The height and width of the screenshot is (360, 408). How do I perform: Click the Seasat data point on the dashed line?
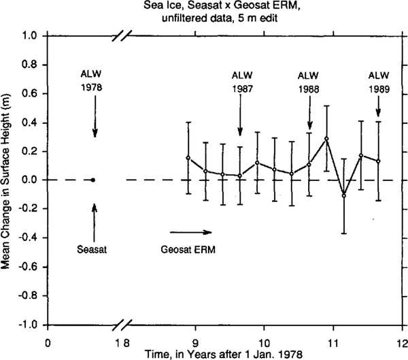click(x=93, y=180)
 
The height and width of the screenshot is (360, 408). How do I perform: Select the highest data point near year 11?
click(x=327, y=139)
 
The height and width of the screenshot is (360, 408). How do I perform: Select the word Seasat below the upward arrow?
click(x=93, y=248)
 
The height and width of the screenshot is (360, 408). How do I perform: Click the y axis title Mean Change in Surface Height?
click(x=8, y=180)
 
